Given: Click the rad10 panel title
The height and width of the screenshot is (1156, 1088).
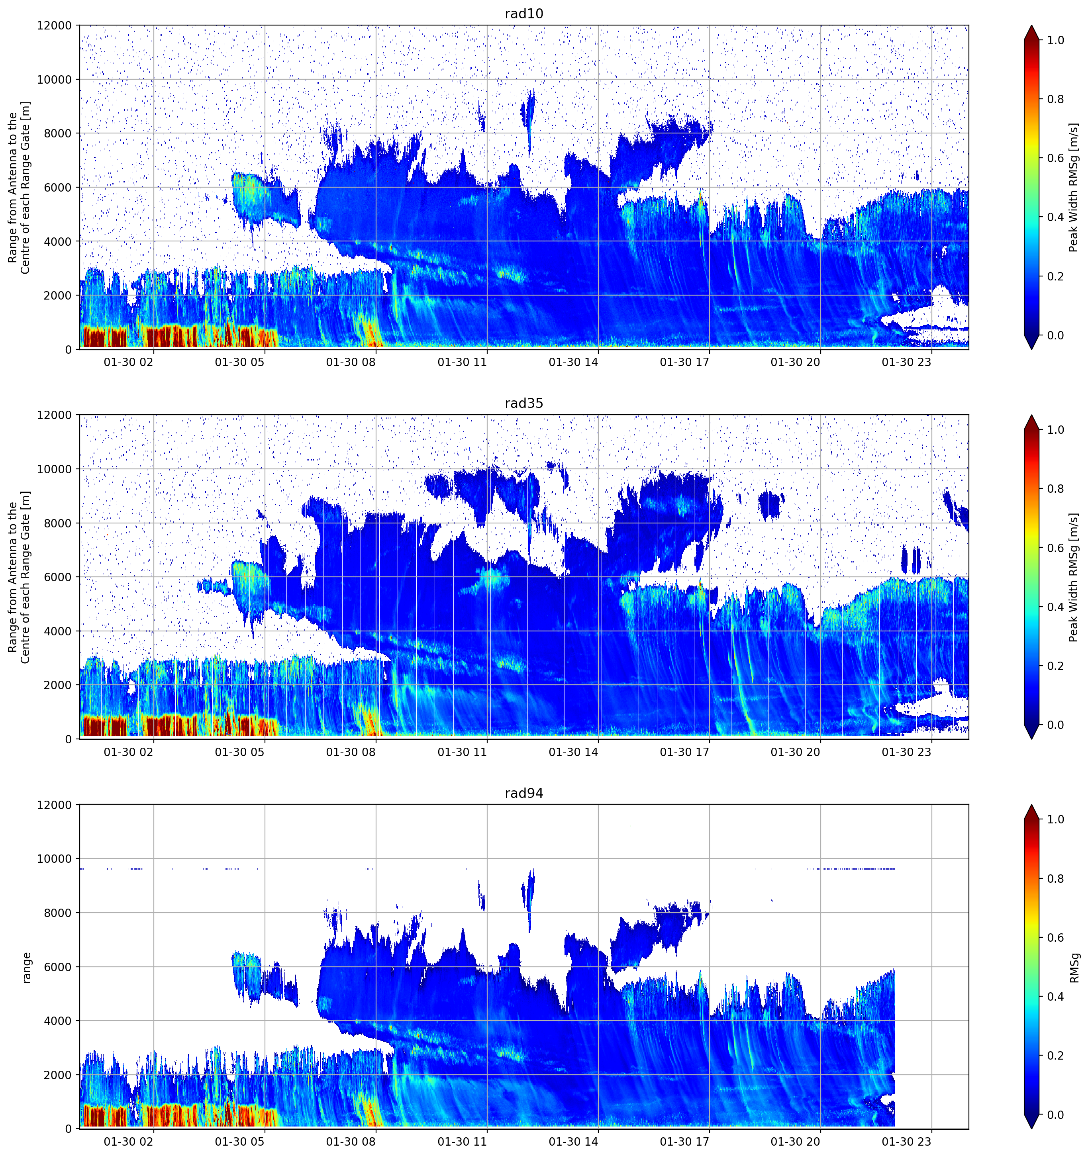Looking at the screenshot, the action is pos(523,14).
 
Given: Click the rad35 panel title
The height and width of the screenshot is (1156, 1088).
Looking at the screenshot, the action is pos(523,403).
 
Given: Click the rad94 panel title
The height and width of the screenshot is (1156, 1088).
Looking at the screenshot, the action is pos(523,793).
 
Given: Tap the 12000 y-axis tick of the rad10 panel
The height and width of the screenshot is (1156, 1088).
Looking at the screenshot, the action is pos(54,25).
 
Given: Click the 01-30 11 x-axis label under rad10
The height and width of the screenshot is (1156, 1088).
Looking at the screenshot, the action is pos(462,362).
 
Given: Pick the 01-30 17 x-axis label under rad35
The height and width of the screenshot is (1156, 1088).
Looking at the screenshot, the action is pos(684,752).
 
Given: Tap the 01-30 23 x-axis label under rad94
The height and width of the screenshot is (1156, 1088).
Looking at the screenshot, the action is pos(907,1142).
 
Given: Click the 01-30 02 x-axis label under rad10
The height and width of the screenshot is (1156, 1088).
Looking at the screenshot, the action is pos(129,362).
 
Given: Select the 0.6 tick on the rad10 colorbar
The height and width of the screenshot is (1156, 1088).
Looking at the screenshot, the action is pos(1055,158).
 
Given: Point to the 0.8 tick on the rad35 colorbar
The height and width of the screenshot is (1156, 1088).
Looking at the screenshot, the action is pos(1055,488).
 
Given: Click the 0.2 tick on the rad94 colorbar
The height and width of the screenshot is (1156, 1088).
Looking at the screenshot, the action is pos(1055,1055).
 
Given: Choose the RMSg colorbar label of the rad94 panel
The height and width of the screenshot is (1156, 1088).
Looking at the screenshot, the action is pos(1074,967).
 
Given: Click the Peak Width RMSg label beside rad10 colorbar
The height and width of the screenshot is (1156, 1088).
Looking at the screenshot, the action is pos(1074,187).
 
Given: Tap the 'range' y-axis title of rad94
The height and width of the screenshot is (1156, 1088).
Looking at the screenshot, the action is pos(27,967).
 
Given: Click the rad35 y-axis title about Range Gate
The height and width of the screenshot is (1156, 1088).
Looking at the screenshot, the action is pos(19,577).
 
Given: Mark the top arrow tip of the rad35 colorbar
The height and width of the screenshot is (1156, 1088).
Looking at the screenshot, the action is pos(1031,415).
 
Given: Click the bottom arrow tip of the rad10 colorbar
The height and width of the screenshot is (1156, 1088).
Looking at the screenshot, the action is pos(1031,349).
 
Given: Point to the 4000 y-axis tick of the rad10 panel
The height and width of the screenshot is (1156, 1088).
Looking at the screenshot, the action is pos(58,241).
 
